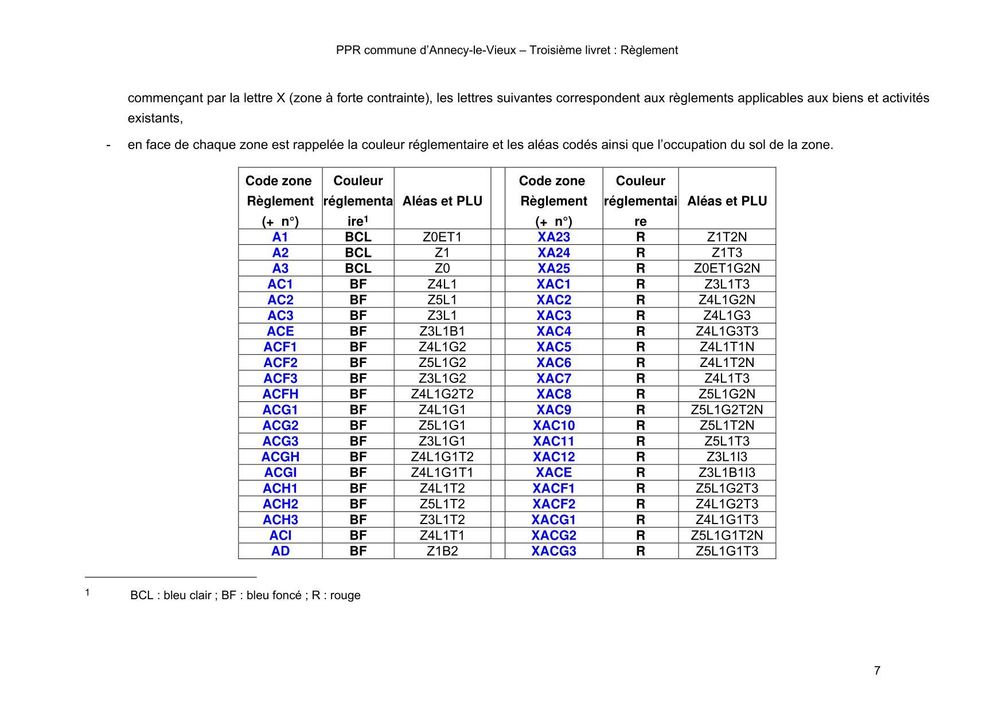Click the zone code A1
(x=280, y=237)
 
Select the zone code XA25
(x=553, y=268)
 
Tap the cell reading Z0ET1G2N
(x=727, y=268)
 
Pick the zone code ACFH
(x=280, y=394)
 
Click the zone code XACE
(x=553, y=472)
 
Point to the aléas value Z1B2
(x=442, y=551)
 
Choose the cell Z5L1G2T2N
(x=727, y=409)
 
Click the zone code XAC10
(x=553, y=425)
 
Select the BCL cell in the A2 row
(x=358, y=253)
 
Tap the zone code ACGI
(x=280, y=472)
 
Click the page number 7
(x=877, y=671)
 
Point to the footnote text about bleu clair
(x=245, y=595)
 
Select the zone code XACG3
(x=553, y=551)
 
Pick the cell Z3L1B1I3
(x=727, y=472)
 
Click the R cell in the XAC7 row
(x=640, y=378)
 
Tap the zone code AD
(x=280, y=551)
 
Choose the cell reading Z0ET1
(x=442, y=237)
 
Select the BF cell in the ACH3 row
(x=358, y=519)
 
